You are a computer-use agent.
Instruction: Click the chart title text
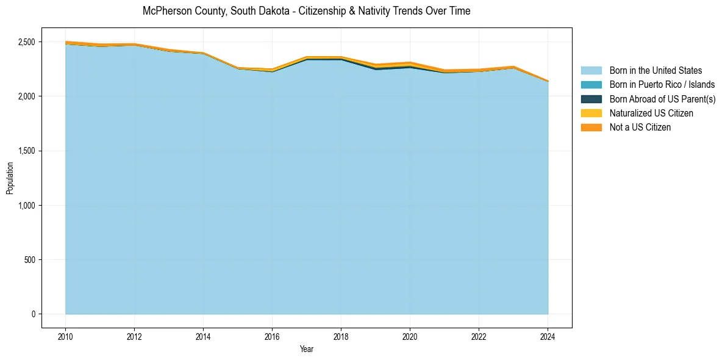click(x=306, y=11)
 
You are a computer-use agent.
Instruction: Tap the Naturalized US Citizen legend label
click(x=651, y=113)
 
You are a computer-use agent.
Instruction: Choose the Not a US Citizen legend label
click(x=640, y=128)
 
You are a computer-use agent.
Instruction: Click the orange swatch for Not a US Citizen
click(x=591, y=128)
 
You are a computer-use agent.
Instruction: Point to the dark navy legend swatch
click(x=591, y=99)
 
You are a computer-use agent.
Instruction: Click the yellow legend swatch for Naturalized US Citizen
click(x=591, y=113)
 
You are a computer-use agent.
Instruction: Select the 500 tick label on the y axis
click(x=32, y=260)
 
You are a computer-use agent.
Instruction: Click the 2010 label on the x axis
click(x=65, y=336)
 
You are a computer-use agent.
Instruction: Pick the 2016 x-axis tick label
click(x=272, y=336)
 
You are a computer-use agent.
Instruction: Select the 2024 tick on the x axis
click(x=548, y=336)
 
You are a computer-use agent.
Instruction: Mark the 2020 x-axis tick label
click(x=410, y=336)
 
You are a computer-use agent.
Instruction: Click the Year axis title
click(x=307, y=349)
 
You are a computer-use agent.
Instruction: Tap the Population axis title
click(x=10, y=178)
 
